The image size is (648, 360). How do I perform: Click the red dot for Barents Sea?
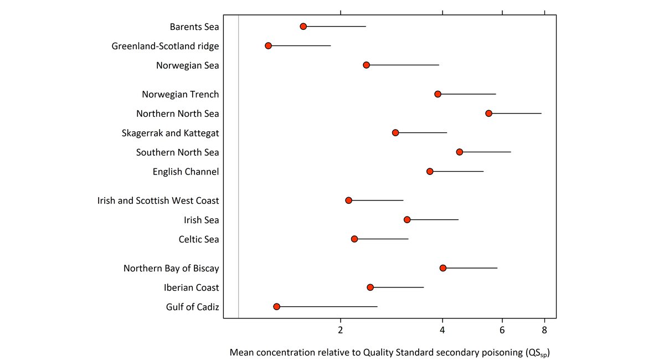pyautogui.click(x=303, y=27)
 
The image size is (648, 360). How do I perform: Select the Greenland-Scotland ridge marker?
pyautogui.click(x=268, y=45)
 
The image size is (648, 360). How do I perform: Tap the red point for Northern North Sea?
pyautogui.click(x=488, y=113)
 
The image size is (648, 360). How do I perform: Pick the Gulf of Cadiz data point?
pyautogui.click(x=276, y=307)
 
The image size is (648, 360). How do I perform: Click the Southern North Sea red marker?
pyautogui.click(x=459, y=152)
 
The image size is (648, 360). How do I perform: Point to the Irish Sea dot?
pyautogui.click(x=407, y=220)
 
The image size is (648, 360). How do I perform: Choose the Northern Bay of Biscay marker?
pyautogui.click(x=443, y=268)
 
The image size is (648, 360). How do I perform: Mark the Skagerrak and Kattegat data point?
pyautogui.click(x=395, y=133)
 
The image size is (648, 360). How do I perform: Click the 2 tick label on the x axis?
pyautogui.click(x=341, y=331)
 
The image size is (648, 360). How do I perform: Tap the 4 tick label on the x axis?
pyautogui.click(x=443, y=331)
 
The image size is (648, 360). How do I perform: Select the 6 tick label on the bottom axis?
pyautogui.click(x=502, y=331)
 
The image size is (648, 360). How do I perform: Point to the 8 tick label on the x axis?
pyautogui.click(x=544, y=331)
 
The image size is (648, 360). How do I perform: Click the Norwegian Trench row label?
pyautogui.click(x=180, y=94)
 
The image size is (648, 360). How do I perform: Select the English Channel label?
pyautogui.click(x=186, y=172)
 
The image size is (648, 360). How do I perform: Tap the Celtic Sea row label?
pyautogui.click(x=198, y=239)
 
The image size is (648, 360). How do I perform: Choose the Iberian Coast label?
pyautogui.click(x=191, y=287)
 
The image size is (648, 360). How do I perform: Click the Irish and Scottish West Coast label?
pyautogui.click(x=158, y=200)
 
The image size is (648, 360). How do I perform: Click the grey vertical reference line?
pyautogui.click(x=238, y=166)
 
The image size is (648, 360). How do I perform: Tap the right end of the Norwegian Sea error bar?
pyautogui.click(x=439, y=65)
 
